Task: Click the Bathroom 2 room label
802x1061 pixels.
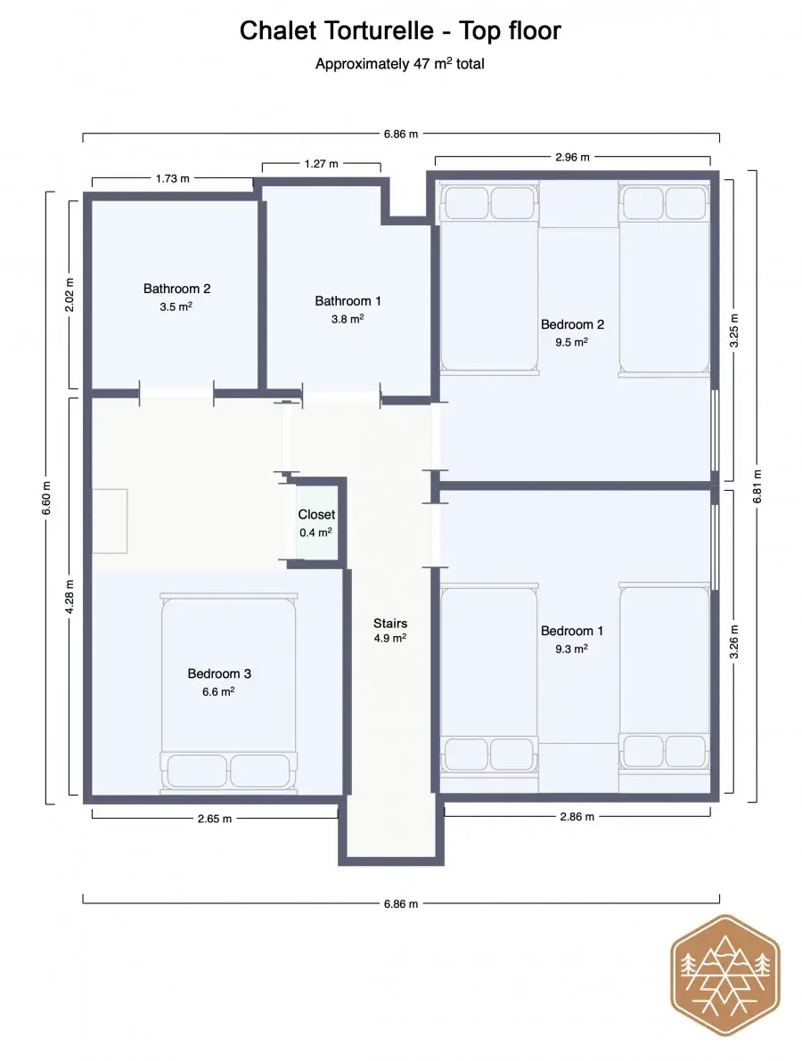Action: click(176, 289)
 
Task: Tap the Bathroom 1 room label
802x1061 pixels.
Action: click(348, 301)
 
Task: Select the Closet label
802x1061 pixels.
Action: click(316, 514)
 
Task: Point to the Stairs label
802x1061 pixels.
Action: click(390, 624)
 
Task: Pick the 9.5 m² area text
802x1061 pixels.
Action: click(572, 342)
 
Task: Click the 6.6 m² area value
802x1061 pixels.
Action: click(218, 691)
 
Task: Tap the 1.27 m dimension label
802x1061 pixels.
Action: click(321, 164)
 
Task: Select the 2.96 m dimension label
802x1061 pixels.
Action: click(573, 157)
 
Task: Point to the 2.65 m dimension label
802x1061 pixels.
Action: click(215, 819)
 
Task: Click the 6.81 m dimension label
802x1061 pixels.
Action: click(757, 486)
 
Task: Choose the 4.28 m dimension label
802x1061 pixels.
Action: click(69, 597)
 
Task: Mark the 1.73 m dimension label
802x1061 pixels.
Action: click(173, 179)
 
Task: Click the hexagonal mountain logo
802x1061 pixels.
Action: click(724, 975)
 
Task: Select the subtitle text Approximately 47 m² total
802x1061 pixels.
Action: click(400, 63)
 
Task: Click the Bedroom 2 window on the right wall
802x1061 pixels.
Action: click(715, 430)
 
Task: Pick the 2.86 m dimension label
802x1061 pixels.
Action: click(577, 817)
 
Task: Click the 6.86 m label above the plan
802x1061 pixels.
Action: click(401, 134)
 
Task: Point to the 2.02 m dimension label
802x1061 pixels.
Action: click(69, 295)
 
